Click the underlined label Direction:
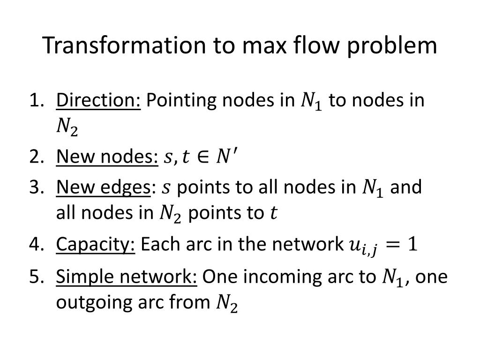coord(98,100)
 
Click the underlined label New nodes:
coord(107,158)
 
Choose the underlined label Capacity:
coord(96,245)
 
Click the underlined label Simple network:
coord(127,277)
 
